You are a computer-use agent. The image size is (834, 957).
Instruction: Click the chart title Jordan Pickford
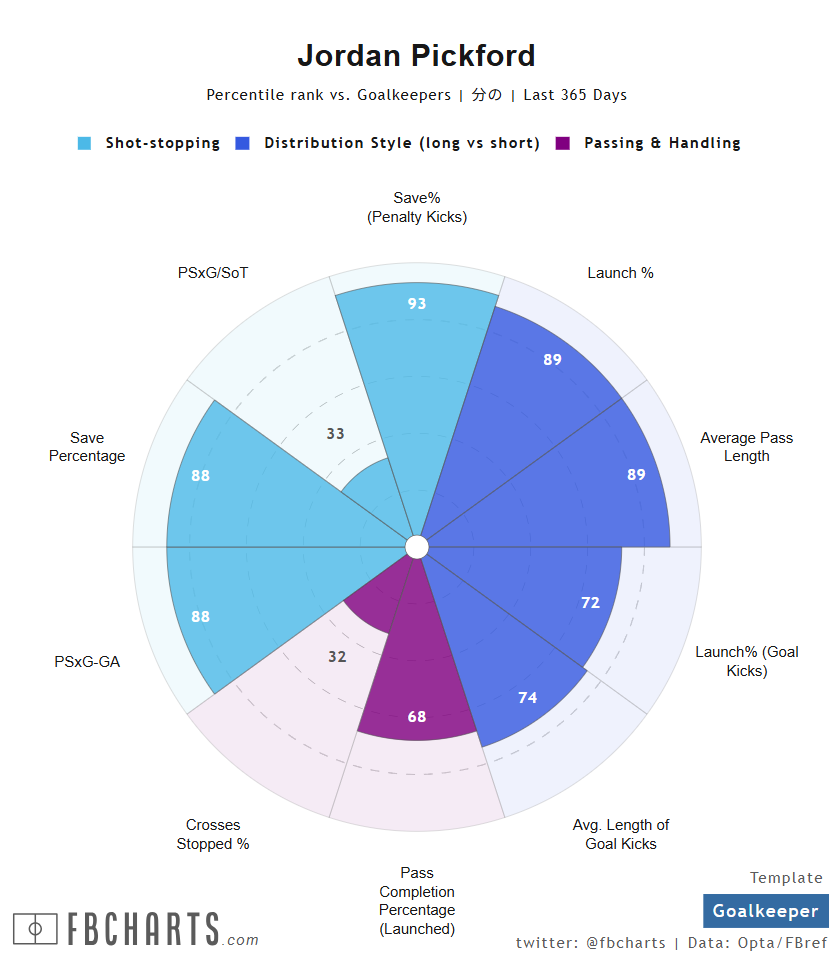(416, 55)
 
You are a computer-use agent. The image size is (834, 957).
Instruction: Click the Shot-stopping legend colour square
(85, 143)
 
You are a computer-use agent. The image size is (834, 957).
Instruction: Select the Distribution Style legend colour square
(243, 143)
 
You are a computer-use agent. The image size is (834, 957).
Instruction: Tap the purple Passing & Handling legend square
(563, 143)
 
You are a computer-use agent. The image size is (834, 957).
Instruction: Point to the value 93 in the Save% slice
(417, 303)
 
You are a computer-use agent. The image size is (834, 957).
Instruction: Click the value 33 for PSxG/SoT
(336, 434)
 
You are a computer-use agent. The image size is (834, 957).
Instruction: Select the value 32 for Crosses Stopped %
(337, 657)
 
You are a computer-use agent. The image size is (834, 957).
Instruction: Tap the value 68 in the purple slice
(417, 716)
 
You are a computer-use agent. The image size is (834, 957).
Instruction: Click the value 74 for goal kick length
(528, 698)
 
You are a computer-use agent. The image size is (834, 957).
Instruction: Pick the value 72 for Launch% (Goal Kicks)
(590, 602)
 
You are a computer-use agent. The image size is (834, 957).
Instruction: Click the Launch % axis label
(620, 273)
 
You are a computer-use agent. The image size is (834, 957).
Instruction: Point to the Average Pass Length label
(746, 447)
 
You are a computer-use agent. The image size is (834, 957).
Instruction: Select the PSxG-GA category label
(87, 661)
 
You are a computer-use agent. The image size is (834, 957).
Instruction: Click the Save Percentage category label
(87, 447)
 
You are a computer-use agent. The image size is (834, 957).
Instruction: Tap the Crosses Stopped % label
(213, 834)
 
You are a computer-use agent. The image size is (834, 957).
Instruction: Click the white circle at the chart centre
(417, 547)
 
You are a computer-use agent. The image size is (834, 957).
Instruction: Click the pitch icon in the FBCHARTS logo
(35, 929)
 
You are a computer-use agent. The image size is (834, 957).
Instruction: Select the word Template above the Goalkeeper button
(786, 878)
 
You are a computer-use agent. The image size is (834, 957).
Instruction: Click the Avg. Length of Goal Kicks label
(621, 834)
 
